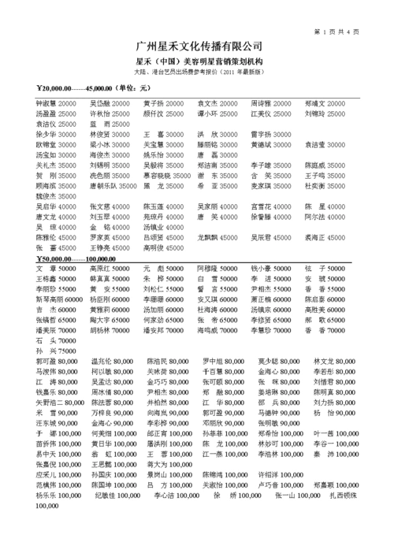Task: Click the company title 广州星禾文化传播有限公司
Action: pos(198,46)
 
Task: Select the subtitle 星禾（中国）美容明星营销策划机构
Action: pos(199,61)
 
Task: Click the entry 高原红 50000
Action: pos(110,269)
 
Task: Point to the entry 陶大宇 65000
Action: pos(110,321)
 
